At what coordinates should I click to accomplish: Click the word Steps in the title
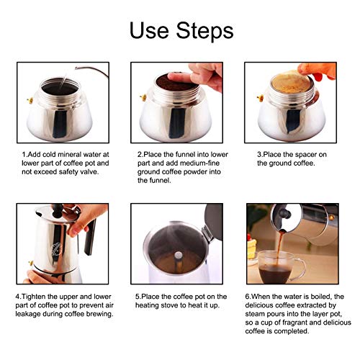click(x=205, y=31)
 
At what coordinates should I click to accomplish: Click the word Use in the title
click(x=149, y=30)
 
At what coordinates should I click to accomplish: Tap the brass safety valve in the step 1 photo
click(x=30, y=101)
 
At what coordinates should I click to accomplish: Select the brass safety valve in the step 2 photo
click(x=143, y=98)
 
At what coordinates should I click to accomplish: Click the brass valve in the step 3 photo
click(x=261, y=98)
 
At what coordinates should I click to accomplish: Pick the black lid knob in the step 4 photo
click(x=58, y=210)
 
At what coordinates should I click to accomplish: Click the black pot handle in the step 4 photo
click(x=90, y=238)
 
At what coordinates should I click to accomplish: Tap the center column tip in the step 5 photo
click(x=178, y=255)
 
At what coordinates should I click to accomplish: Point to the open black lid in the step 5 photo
click(x=214, y=222)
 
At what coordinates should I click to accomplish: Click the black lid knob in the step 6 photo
click(x=284, y=213)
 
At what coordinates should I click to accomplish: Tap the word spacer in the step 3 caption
click(x=305, y=155)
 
